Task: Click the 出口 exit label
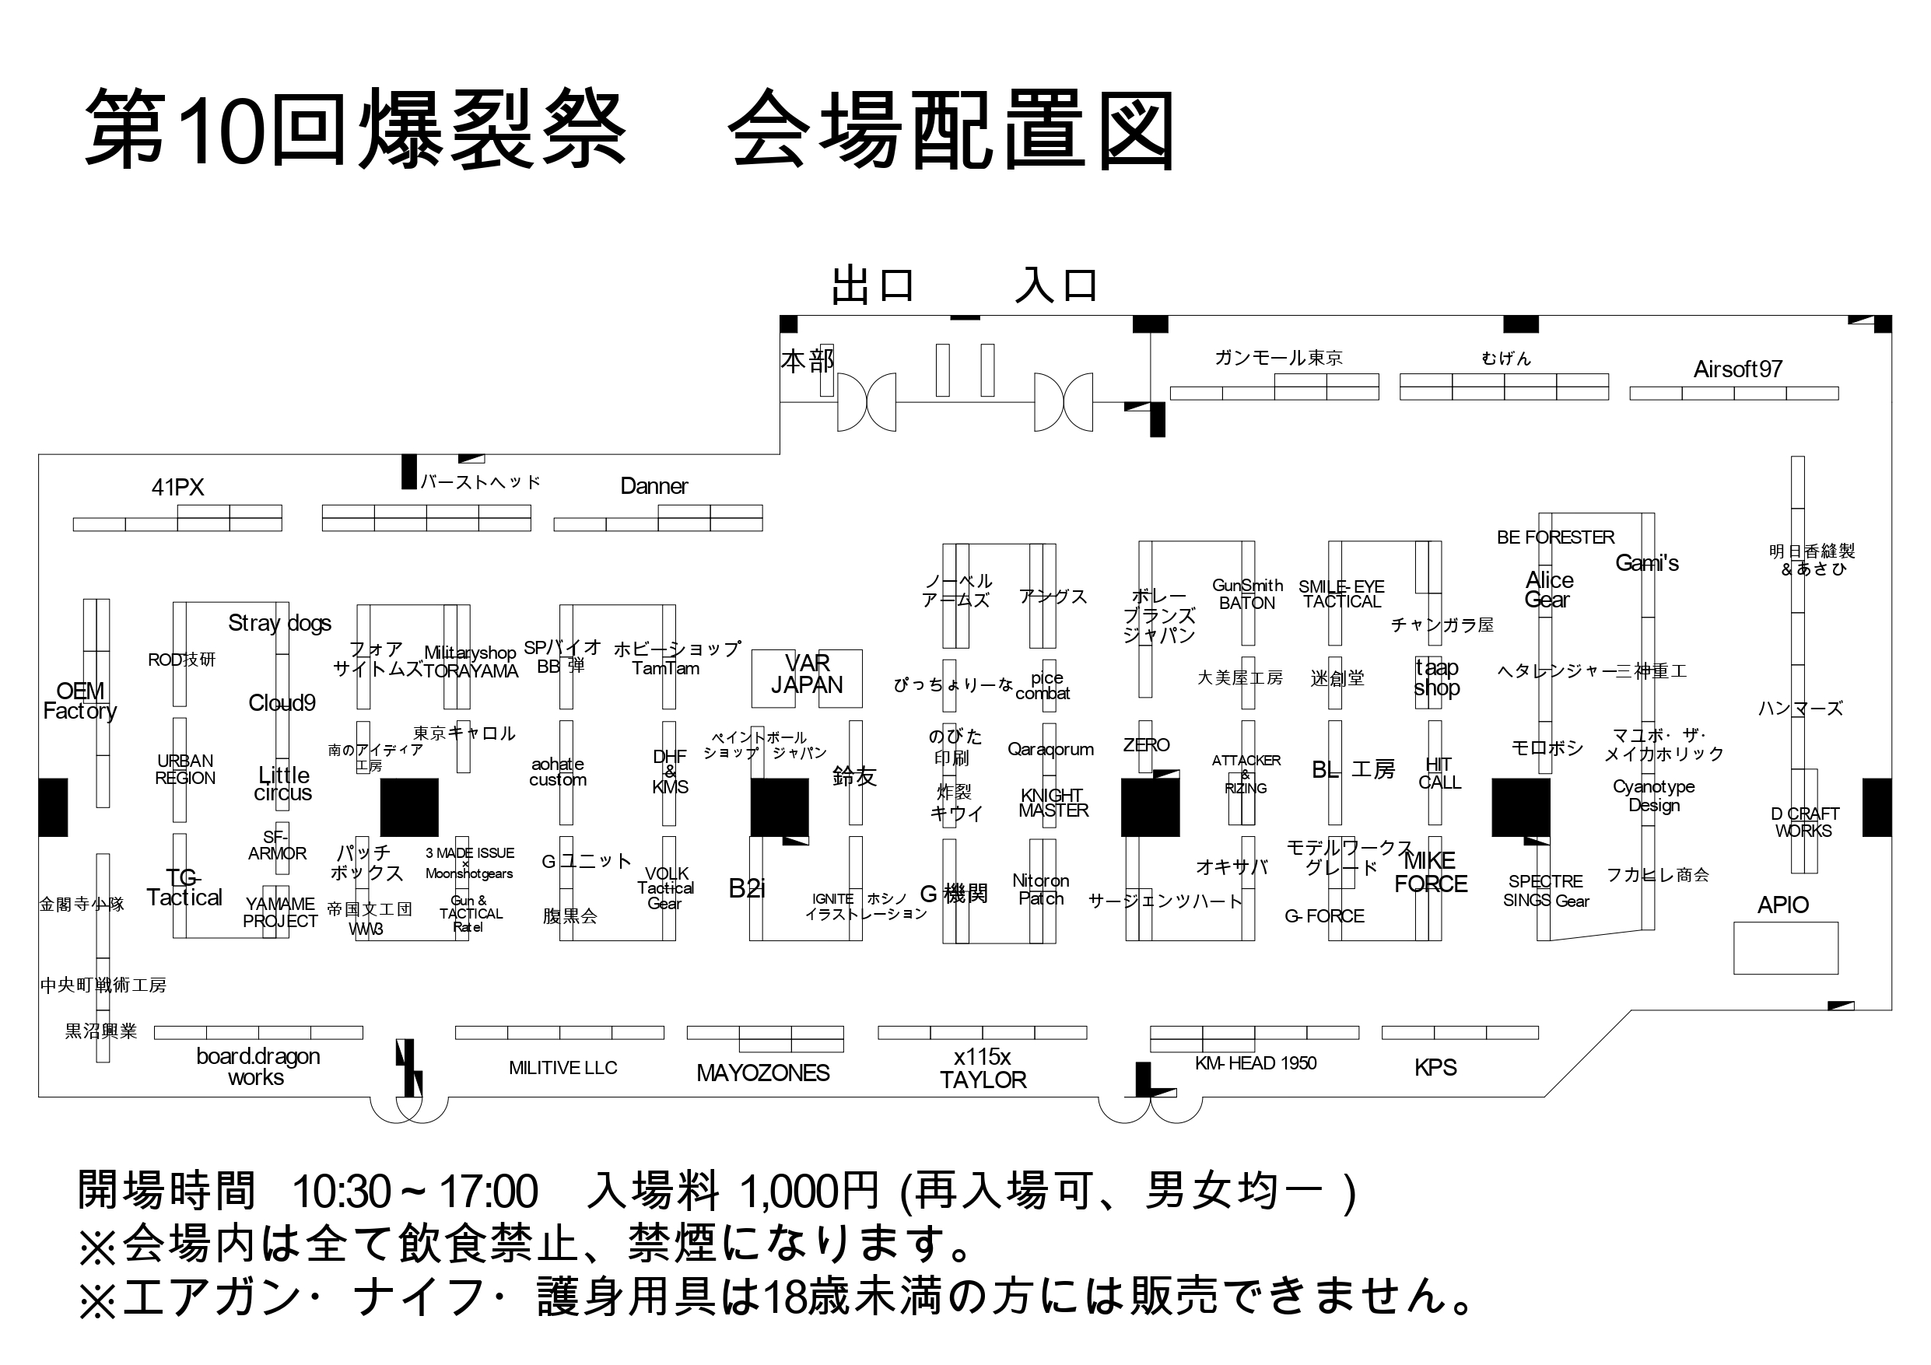point(872,286)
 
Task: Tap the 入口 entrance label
point(1057,286)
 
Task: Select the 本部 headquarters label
point(807,361)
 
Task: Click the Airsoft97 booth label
point(1737,369)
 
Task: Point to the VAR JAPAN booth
point(807,675)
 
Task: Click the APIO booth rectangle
point(1786,948)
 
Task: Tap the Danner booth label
point(654,486)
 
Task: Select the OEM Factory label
point(80,701)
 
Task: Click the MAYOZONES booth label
point(762,1073)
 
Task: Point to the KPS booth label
point(1435,1067)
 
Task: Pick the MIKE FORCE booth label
point(1431,872)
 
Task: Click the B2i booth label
point(747,888)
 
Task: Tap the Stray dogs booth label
point(279,623)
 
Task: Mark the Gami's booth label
point(1646,563)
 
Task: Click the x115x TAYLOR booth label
point(983,1068)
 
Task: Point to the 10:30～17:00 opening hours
point(415,1192)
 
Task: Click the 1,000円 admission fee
point(808,1192)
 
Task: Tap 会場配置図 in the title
point(952,132)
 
